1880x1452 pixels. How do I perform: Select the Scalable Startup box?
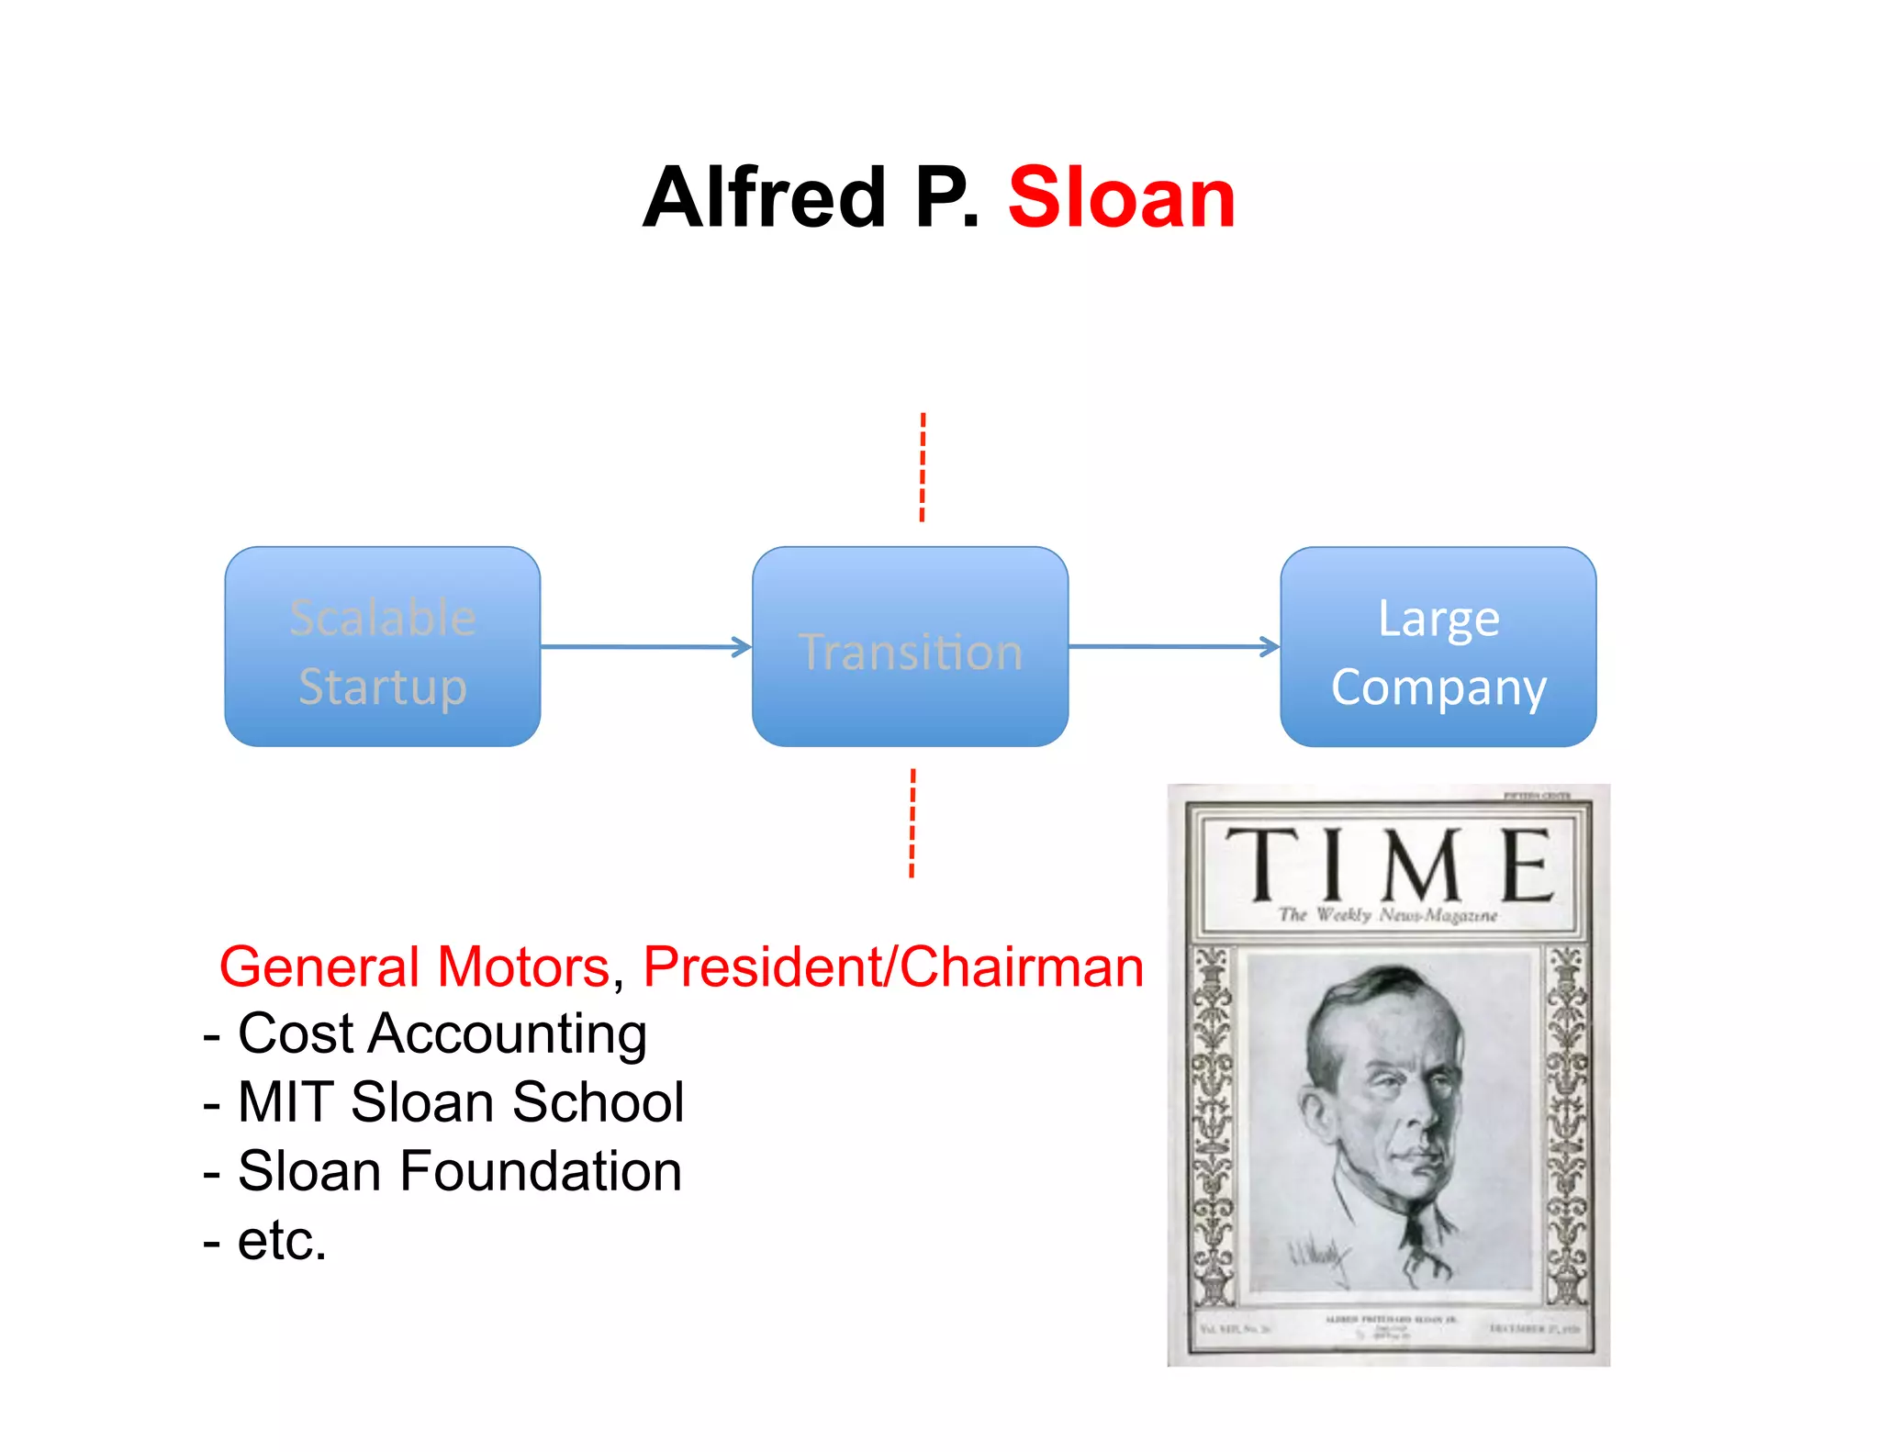point(382,647)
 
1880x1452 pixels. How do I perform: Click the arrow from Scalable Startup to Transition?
point(645,647)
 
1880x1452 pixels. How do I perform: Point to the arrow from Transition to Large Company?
point(1173,647)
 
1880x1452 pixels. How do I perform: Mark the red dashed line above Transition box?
point(923,467)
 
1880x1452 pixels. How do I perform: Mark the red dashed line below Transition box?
point(912,823)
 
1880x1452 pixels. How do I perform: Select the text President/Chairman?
point(892,967)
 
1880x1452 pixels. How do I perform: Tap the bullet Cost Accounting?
point(442,1034)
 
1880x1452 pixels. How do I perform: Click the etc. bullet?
point(281,1241)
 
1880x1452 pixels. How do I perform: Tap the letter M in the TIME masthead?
point(1421,865)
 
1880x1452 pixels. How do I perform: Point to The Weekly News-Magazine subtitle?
point(1387,915)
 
